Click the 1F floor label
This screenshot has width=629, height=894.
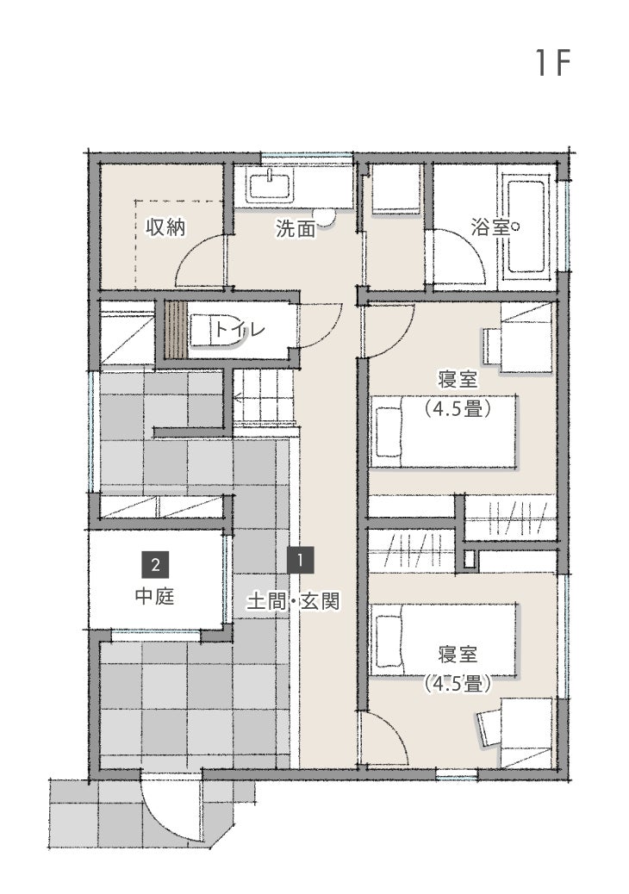(553, 63)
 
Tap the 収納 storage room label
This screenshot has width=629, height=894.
(166, 227)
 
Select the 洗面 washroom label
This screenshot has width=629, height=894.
(296, 228)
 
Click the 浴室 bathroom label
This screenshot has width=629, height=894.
(490, 227)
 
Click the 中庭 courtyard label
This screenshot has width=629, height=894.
(154, 596)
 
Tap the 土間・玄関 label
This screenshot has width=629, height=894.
(294, 601)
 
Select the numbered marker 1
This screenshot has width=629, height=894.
(301, 559)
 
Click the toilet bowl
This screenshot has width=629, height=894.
(215, 330)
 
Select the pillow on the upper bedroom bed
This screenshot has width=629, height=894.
(389, 431)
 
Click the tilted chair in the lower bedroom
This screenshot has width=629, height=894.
(489, 728)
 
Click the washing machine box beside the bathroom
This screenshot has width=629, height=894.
(396, 189)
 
